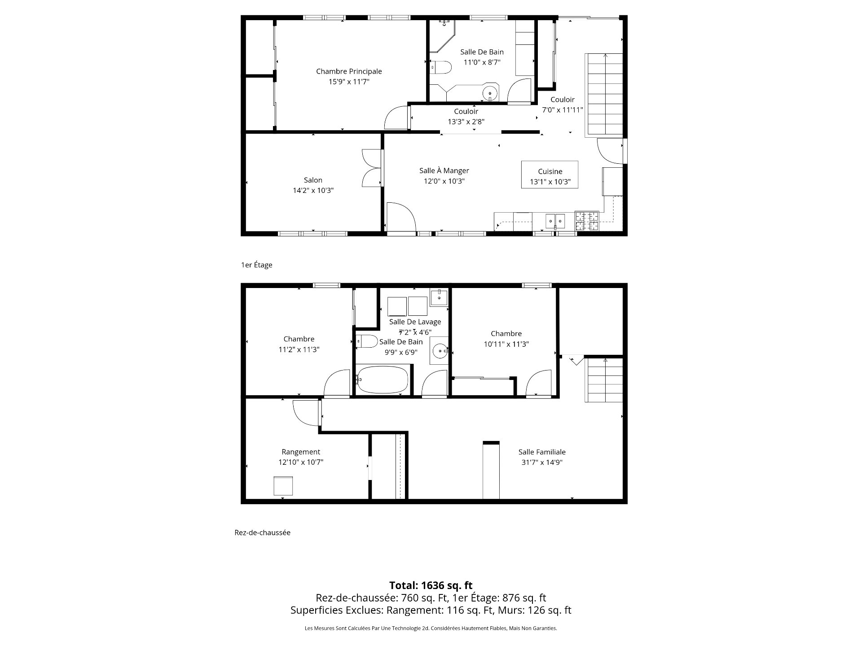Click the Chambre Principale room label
tap(349, 71)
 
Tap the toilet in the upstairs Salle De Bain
tap(441, 67)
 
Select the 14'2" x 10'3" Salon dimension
tap(313, 190)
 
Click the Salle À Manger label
tap(444, 170)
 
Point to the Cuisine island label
tap(550, 171)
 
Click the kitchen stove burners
tap(587, 221)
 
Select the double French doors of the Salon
tap(372, 168)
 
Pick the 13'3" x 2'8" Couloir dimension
tap(466, 122)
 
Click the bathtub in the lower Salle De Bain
tap(383, 380)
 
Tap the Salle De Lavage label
tap(415, 322)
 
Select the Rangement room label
tap(301, 452)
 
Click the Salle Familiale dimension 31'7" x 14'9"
tap(542, 463)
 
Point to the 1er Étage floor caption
tap(257, 265)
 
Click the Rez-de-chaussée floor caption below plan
tap(262, 533)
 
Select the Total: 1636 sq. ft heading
tap(431, 585)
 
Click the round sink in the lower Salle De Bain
tap(440, 350)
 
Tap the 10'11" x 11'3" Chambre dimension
tap(506, 344)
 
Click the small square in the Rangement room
tap(283, 486)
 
